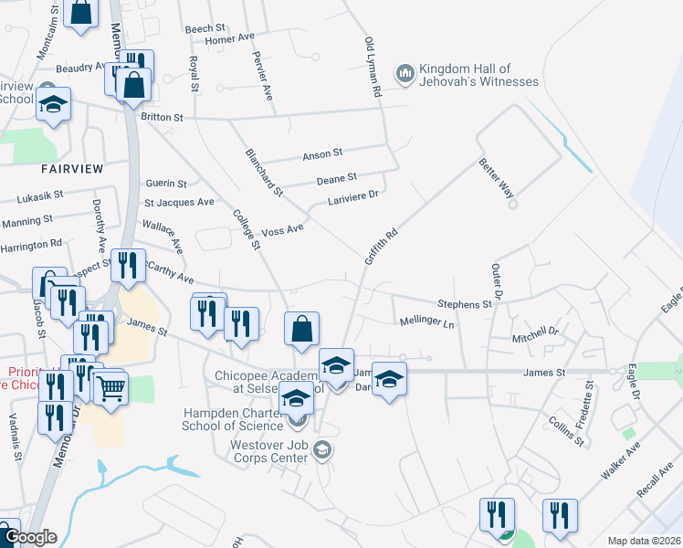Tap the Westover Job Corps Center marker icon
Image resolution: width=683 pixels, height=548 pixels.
(320, 450)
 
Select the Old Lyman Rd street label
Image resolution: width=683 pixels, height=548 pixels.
(372, 68)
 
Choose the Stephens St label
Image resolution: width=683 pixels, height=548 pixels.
(465, 303)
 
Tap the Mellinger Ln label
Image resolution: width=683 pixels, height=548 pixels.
(426, 322)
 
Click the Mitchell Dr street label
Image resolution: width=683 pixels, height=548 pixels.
(534, 334)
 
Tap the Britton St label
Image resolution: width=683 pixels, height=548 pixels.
(162, 117)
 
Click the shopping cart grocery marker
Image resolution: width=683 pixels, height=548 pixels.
(111, 387)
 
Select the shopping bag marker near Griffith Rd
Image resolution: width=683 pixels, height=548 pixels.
(302, 329)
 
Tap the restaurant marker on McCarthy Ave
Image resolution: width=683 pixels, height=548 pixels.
(128, 264)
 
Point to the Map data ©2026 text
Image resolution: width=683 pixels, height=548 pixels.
(644, 541)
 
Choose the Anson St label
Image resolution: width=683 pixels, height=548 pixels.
(322, 154)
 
